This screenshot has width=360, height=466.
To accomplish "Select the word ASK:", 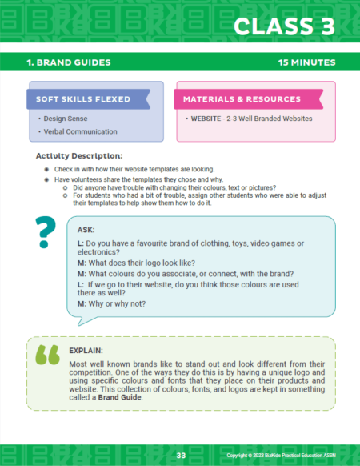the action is [x=86, y=229].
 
